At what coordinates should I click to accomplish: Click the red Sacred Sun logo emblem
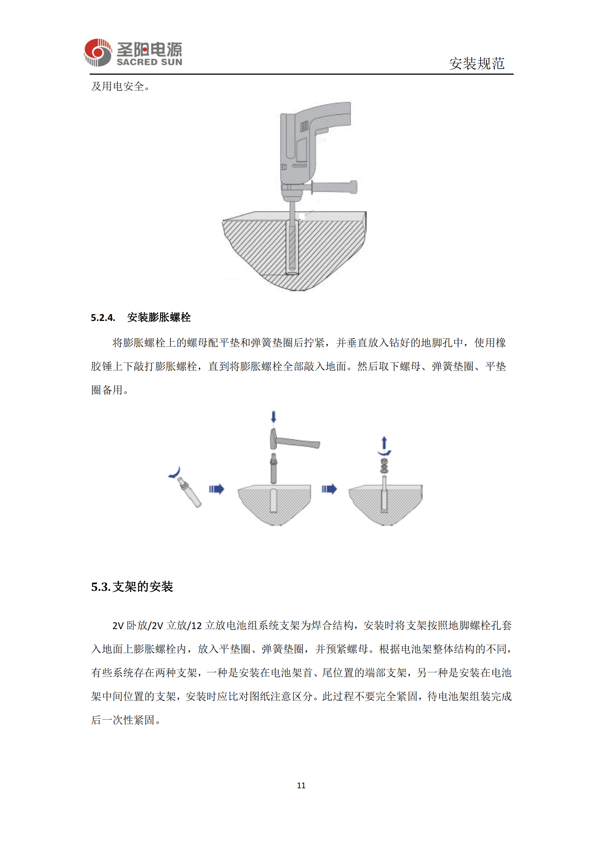point(98,52)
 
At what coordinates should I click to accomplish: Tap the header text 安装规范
point(476,63)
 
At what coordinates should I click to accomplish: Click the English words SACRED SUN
point(149,62)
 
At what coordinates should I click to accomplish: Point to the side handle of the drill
point(334,187)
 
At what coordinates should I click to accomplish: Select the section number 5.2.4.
point(103,318)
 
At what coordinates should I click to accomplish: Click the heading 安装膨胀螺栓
point(159,317)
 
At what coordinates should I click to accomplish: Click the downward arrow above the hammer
point(274,417)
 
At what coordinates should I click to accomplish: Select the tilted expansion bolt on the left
point(189,492)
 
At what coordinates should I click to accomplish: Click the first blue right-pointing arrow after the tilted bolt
point(217,489)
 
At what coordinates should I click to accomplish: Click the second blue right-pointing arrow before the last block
point(329,489)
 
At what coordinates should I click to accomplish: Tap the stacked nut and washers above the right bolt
point(384,466)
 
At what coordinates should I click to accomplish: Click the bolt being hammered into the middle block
point(274,469)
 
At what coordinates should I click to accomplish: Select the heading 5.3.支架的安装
point(132,587)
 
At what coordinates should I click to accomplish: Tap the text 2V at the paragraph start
point(118,626)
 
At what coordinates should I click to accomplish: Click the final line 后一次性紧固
point(125,720)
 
